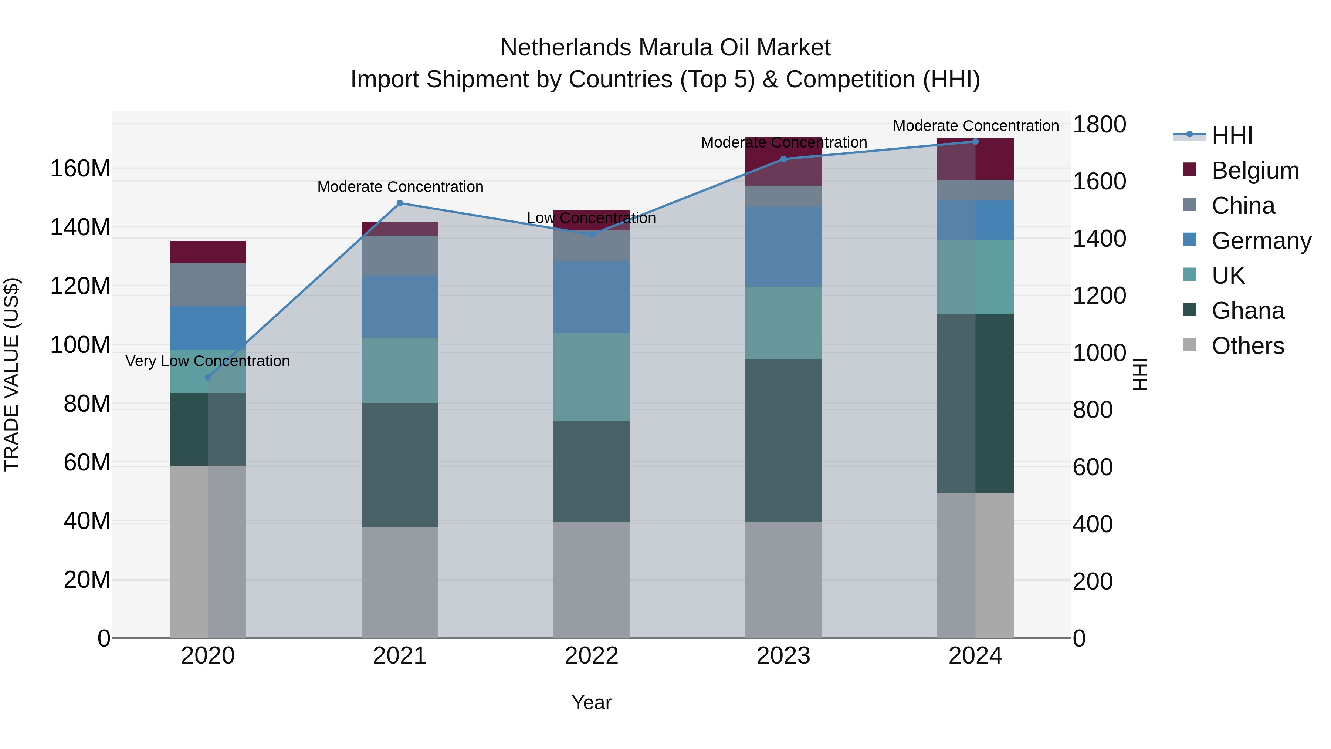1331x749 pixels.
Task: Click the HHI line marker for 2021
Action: point(399,203)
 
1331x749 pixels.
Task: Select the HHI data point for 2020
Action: point(208,377)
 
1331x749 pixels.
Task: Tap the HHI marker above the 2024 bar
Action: point(976,142)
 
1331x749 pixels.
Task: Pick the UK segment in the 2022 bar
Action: point(592,377)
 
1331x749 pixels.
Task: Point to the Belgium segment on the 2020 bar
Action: point(208,252)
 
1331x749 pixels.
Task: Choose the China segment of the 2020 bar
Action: point(208,284)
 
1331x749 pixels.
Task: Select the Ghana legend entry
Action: point(1248,311)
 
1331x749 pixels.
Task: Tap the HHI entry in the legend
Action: point(1232,135)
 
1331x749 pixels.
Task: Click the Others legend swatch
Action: point(1189,345)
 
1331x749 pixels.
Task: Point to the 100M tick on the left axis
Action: point(80,345)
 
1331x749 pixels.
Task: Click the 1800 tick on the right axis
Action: point(1100,125)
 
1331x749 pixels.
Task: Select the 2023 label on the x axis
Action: point(783,656)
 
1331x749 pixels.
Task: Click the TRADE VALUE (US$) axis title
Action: point(11,374)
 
